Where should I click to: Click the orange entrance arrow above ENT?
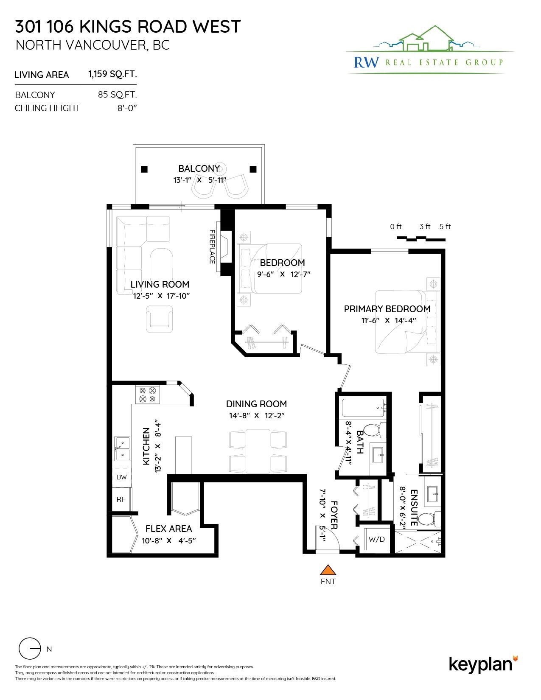click(x=328, y=570)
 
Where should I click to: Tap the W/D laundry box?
click(x=376, y=539)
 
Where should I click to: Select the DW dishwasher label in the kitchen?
click(x=121, y=477)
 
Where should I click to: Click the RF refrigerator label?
click(x=121, y=499)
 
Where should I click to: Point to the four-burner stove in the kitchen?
click(x=147, y=395)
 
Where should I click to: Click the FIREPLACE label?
click(x=212, y=246)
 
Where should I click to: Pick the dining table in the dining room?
click(x=258, y=451)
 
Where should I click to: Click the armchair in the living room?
click(x=159, y=319)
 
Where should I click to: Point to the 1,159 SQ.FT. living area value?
click(x=112, y=74)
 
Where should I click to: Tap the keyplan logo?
click(x=483, y=665)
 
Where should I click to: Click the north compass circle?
click(x=30, y=649)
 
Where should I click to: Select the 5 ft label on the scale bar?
click(x=445, y=227)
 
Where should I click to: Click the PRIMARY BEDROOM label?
click(x=387, y=309)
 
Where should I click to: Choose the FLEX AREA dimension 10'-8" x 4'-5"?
click(x=169, y=540)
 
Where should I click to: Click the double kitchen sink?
click(x=122, y=448)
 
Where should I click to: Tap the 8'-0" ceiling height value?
click(x=127, y=108)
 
